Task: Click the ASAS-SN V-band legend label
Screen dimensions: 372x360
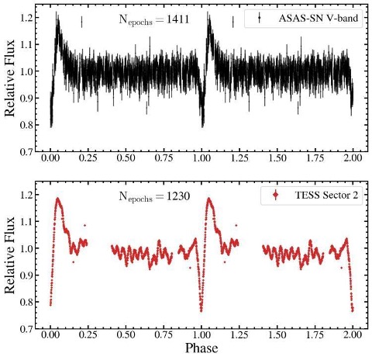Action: (x=319, y=19)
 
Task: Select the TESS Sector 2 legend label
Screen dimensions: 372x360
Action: (x=326, y=196)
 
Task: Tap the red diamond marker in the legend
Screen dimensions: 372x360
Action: (x=276, y=195)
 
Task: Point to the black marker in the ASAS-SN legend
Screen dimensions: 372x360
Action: (x=259, y=18)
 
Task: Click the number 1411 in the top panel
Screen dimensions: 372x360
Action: (x=177, y=19)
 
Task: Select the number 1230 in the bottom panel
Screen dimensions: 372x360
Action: (x=178, y=196)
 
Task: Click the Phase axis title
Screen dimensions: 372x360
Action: (x=201, y=348)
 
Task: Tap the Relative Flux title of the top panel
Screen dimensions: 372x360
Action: (x=10, y=78)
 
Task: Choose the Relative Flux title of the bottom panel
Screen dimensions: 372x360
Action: (x=10, y=254)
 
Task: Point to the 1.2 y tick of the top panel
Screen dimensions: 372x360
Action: (x=26, y=18)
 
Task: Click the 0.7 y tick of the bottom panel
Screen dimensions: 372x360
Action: (x=26, y=328)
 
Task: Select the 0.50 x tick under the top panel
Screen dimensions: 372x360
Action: (x=126, y=158)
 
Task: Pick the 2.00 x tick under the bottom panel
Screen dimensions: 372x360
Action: (x=353, y=335)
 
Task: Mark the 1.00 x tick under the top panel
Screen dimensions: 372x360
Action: (x=201, y=158)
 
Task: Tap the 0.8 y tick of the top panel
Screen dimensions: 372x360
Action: (x=26, y=125)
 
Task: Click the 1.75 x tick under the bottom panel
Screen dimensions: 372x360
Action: (x=315, y=335)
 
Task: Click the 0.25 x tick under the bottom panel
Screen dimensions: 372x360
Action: (x=88, y=335)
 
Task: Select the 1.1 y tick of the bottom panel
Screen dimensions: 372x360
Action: (x=26, y=221)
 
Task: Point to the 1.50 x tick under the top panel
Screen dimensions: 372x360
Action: (x=277, y=158)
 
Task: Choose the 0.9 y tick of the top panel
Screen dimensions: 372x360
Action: (x=26, y=98)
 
